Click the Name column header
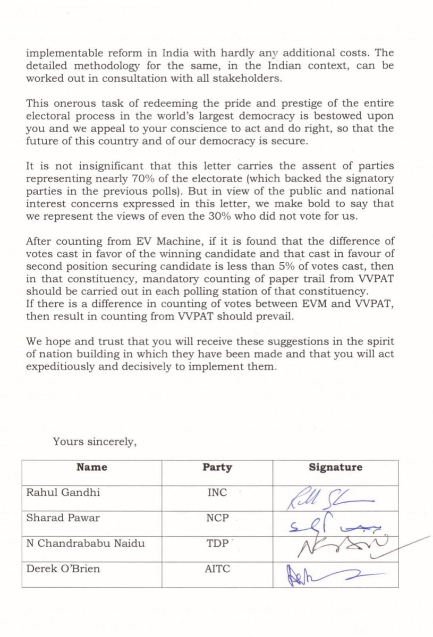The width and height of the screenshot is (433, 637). tap(91, 467)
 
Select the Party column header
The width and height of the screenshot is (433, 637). tap(217, 467)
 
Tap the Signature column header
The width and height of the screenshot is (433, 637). tap(335, 467)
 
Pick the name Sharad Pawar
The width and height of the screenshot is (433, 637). tap(63, 518)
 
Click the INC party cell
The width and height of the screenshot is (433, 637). tap(217, 492)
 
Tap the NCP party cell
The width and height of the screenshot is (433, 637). tap(217, 518)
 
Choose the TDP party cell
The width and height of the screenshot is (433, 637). tap(217, 543)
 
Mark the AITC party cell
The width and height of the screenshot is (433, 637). tap(217, 569)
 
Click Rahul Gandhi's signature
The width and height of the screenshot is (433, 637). tap(329, 498)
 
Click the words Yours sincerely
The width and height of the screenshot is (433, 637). tap(95, 440)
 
